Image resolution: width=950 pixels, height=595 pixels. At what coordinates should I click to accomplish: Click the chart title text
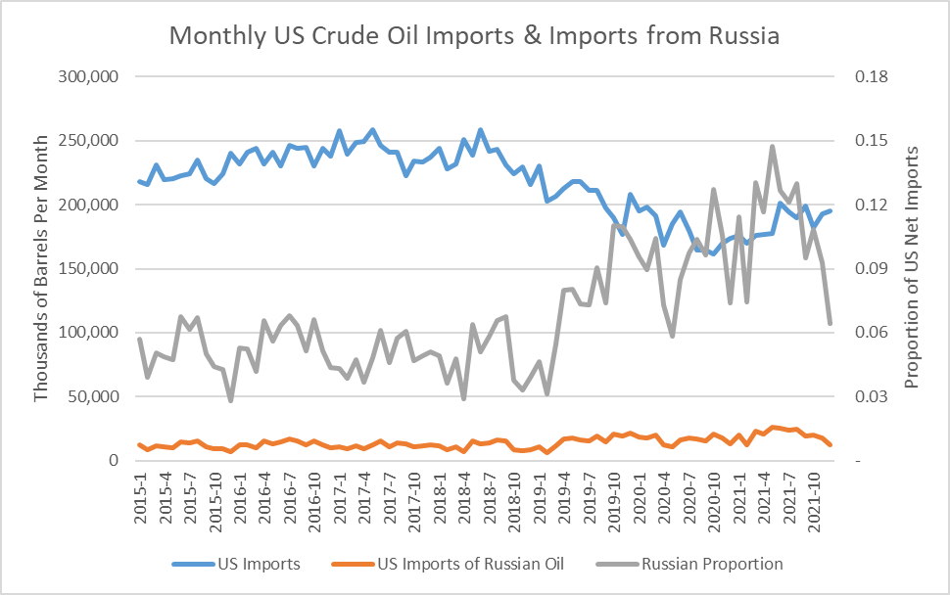pyautogui.click(x=474, y=36)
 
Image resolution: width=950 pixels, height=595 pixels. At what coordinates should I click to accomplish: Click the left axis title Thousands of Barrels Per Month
pyautogui.click(x=41, y=269)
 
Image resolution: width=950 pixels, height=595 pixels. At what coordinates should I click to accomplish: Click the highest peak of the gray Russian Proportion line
pyautogui.click(x=772, y=147)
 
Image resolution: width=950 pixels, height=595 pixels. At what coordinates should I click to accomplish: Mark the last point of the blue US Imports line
pyautogui.click(x=831, y=210)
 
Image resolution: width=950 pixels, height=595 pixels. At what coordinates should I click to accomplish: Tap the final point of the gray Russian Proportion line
pyautogui.click(x=831, y=323)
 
